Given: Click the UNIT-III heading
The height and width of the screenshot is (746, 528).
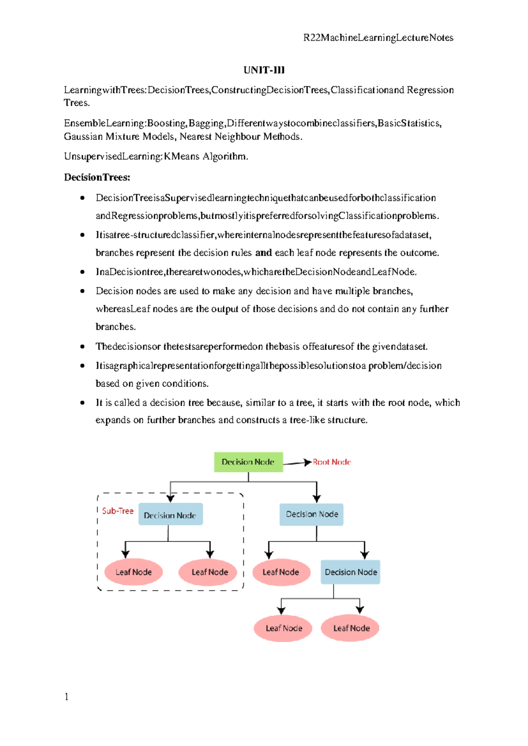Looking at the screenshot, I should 264,70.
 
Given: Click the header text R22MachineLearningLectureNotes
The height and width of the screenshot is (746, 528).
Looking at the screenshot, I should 378,38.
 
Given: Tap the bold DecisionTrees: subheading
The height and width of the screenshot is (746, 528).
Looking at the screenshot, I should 97,177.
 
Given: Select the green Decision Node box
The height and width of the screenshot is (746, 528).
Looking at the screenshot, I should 248,462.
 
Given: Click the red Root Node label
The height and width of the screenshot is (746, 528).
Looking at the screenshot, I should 332,462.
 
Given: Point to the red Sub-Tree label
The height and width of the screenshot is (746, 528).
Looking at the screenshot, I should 117,511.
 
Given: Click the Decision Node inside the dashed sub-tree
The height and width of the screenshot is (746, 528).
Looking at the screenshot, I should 170,515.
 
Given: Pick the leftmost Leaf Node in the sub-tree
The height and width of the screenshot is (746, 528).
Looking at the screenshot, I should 133,572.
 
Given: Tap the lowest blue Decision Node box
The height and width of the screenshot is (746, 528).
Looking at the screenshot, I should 350,572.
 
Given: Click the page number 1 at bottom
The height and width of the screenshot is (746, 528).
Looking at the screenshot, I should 66,696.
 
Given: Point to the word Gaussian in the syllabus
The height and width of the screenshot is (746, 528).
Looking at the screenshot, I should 83,136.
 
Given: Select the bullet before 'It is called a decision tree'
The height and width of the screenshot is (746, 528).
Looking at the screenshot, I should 82,402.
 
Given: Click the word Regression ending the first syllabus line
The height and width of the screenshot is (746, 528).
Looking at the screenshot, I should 430,90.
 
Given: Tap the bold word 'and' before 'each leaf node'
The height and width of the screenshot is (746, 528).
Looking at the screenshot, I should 263,253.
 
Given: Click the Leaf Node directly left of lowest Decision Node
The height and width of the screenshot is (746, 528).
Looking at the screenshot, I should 281,572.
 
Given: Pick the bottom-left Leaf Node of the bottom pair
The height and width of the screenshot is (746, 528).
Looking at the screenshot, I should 283,628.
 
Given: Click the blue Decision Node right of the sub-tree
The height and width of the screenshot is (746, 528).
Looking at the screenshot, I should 312,514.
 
